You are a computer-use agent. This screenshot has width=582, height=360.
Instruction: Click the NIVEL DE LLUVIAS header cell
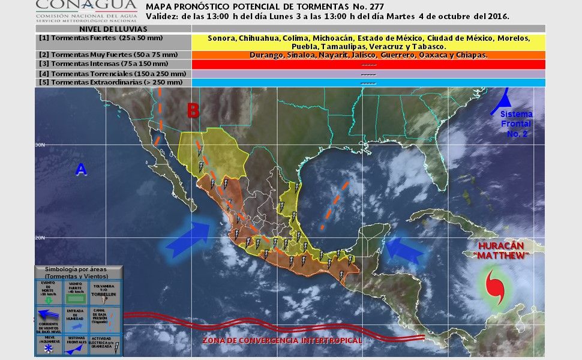(113, 29)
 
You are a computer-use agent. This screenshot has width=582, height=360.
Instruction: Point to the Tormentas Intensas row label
(87, 64)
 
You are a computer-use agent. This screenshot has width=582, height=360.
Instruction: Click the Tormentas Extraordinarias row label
(96, 82)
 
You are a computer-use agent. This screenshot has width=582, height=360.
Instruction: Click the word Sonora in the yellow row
(221, 38)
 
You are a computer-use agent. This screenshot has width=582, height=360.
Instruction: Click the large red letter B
(193, 111)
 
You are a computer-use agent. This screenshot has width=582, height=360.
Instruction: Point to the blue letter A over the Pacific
(81, 170)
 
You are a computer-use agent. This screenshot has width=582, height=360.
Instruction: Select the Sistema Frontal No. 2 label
(515, 124)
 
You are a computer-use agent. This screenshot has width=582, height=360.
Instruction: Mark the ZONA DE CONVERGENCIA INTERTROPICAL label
(281, 340)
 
